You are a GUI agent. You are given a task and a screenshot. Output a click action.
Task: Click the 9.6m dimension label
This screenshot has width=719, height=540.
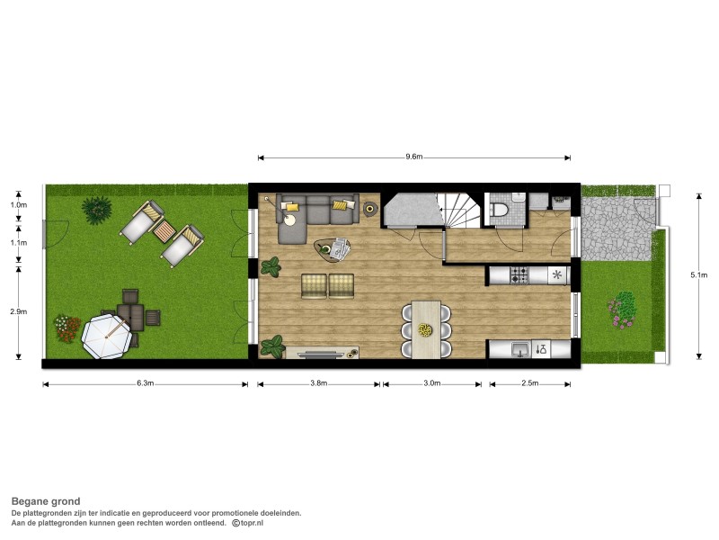click(413, 157)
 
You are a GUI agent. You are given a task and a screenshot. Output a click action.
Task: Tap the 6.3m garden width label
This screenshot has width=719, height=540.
click(145, 383)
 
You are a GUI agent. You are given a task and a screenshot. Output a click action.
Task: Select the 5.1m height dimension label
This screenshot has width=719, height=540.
click(698, 275)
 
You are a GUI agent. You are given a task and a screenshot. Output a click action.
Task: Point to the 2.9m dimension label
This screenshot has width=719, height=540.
click(18, 311)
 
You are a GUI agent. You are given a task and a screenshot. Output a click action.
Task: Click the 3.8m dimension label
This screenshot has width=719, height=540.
click(319, 383)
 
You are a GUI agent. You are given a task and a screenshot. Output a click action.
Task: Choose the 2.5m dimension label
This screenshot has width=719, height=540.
click(530, 383)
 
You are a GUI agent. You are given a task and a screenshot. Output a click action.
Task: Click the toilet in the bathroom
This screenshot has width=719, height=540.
click(500, 210)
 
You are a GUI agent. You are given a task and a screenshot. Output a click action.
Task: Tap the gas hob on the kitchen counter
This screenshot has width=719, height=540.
click(519, 275)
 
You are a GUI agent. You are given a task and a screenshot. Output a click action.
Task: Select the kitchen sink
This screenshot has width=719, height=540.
click(520, 349)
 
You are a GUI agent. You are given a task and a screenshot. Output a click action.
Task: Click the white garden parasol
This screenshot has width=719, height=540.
click(106, 337)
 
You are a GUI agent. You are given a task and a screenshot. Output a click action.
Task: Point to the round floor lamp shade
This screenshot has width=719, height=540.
click(289, 220)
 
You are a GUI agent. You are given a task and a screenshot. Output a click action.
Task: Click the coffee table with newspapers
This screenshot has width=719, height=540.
click(333, 250)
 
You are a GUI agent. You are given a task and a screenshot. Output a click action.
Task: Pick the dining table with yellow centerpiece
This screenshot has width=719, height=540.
click(426, 328)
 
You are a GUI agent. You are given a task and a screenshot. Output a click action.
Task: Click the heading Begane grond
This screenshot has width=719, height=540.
click(46, 501)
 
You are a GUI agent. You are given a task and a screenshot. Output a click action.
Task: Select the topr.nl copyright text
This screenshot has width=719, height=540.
click(248, 523)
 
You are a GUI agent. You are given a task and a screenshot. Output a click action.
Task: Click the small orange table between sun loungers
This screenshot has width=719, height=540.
click(164, 231)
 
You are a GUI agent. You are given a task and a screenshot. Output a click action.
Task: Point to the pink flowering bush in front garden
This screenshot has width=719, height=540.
click(623, 310)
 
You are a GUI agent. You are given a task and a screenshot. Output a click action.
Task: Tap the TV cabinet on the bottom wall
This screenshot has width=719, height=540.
click(322, 353)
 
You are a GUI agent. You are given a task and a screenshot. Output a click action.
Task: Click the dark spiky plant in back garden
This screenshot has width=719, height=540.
click(97, 210)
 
